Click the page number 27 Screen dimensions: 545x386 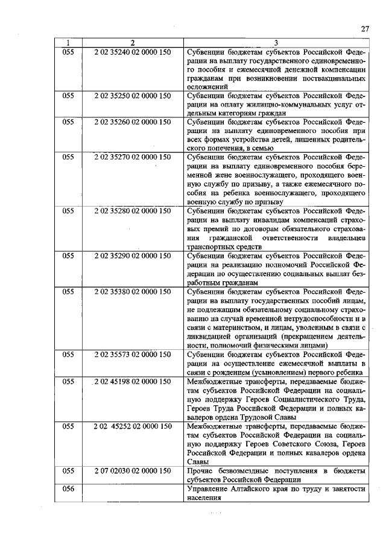click(364, 29)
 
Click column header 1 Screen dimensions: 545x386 click(68, 43)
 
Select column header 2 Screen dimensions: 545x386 click(132, 43)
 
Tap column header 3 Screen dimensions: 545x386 click(276, 43)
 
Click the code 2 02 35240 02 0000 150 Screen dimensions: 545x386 click(133, 52)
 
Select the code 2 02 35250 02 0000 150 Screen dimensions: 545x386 click(133, 95)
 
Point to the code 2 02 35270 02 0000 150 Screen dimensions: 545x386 click(133, 157)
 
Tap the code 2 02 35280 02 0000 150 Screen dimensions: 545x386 click(133, 211)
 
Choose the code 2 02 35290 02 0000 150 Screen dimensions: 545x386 click(133, 255)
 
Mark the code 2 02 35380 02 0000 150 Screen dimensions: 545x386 click(133, 291)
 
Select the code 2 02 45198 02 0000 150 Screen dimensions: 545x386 click(133, 381)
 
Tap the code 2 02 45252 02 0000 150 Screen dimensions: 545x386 click(133, 426)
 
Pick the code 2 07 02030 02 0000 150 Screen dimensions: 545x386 click(133, 470)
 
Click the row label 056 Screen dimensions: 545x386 click(68, 488)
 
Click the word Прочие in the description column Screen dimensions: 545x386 click(200, 470)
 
